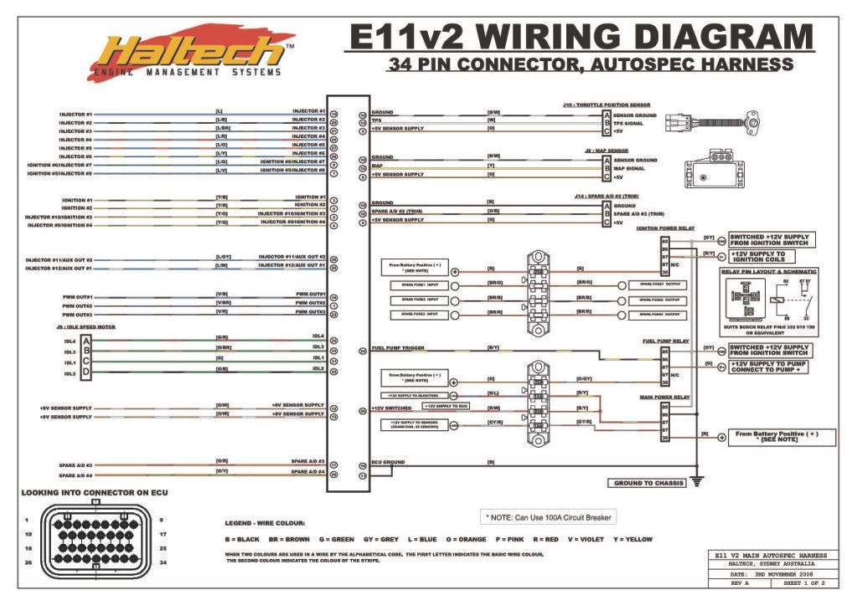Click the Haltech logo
pyautogui.click(x=191, y=54)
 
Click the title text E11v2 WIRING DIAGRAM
pyautogui.click(x=579, y=38)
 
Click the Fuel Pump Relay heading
pyautogui.click(x=666, y=341)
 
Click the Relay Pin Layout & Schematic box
pyautogui.click(x=769, y=300)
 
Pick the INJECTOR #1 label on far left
pyautogui.click(x=75, y=114)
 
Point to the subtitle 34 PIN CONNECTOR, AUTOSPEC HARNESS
pyautogui.click(x=590, y=64)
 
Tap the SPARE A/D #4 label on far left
pyautogui.click(x=75, y=473)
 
